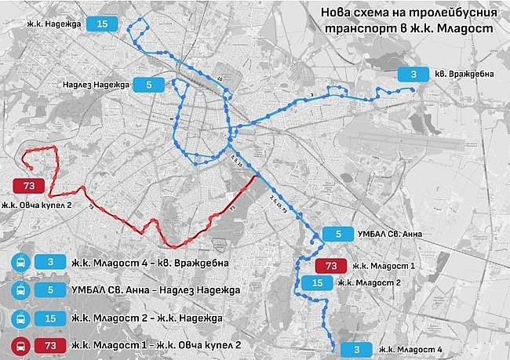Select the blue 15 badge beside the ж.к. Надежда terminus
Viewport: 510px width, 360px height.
(103, 24)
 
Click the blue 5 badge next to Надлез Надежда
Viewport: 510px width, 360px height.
(149, 84)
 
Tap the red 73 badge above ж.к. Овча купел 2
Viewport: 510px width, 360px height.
(29, 186)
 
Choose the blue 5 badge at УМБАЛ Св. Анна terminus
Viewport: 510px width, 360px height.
(338, 234)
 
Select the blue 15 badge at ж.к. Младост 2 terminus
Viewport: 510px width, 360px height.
(317, 282)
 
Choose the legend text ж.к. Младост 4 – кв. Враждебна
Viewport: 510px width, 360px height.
(149, 263)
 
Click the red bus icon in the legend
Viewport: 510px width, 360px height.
(20, 345)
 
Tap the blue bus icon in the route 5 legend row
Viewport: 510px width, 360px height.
(20, 290)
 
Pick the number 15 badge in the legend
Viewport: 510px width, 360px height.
(50, 318)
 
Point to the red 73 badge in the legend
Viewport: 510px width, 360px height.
(50, 345)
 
